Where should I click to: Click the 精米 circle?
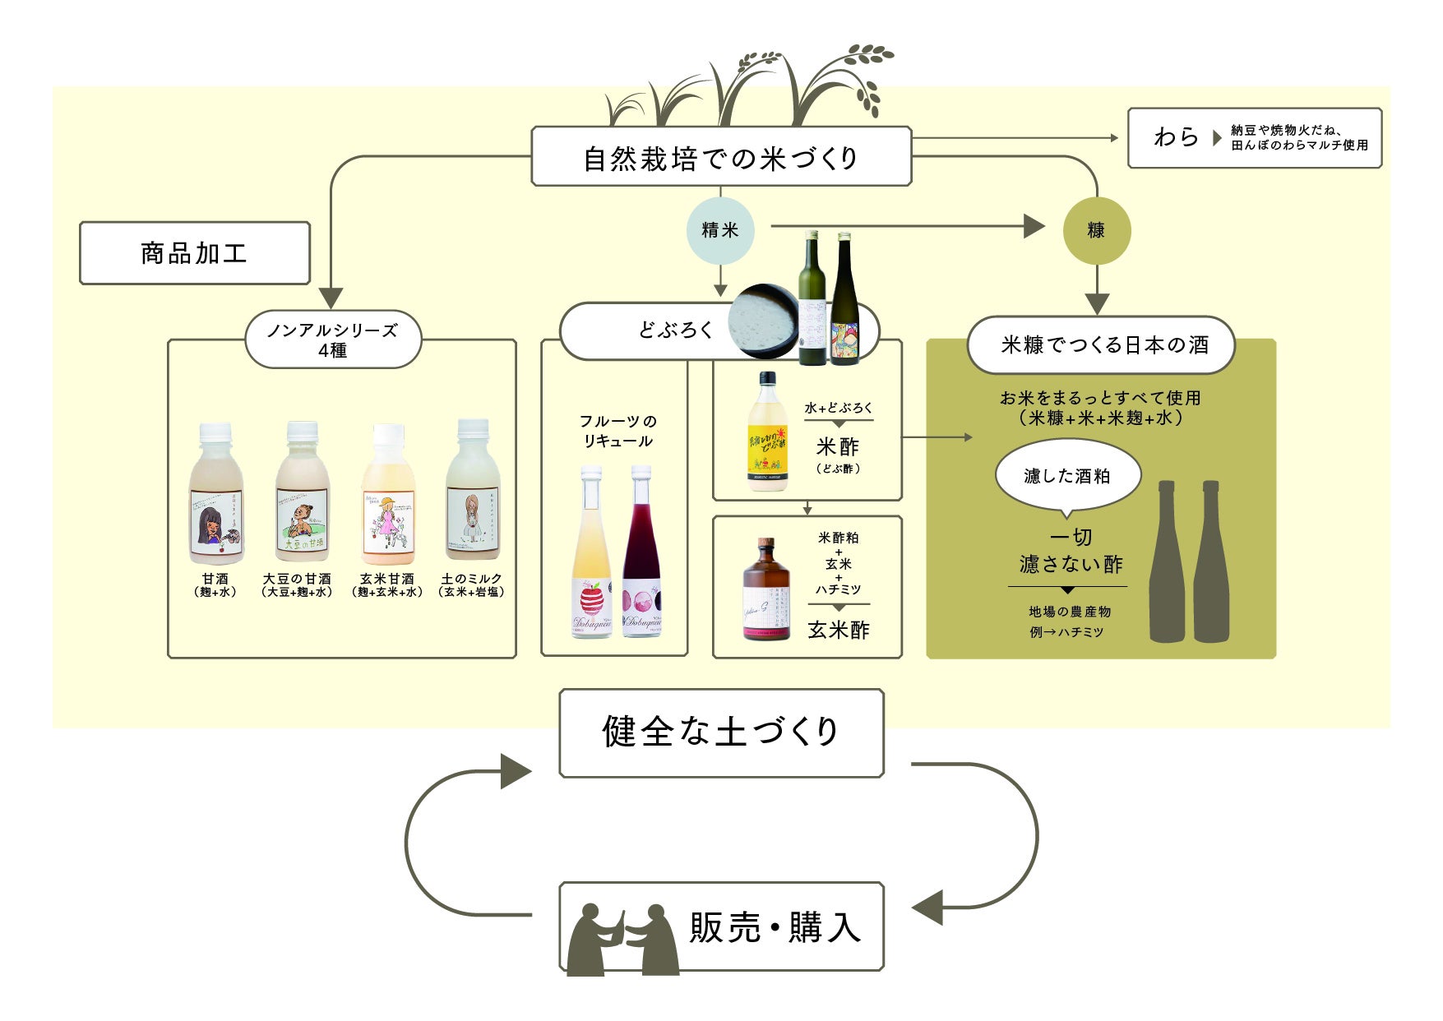pos(720,230)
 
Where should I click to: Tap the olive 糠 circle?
pos(1097,230)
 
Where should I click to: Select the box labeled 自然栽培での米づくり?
pos(721,157)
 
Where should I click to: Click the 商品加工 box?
pos(195,253)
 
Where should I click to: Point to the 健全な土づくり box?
pos(721,732)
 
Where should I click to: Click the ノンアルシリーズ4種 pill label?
pos(333,340)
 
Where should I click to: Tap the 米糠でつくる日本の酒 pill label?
pos(1101,344)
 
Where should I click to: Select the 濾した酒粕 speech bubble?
pos(1067,476)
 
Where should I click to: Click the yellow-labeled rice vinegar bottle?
pos(768,433)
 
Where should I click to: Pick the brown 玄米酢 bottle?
pos(766,590)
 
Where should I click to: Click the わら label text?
pos(1176,137)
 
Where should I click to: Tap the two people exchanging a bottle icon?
pos(623,939)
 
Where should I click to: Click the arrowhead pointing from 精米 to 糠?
pos(1034,226)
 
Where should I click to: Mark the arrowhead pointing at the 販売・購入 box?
pos(927,908)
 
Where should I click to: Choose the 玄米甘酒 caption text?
pos(386,579)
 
